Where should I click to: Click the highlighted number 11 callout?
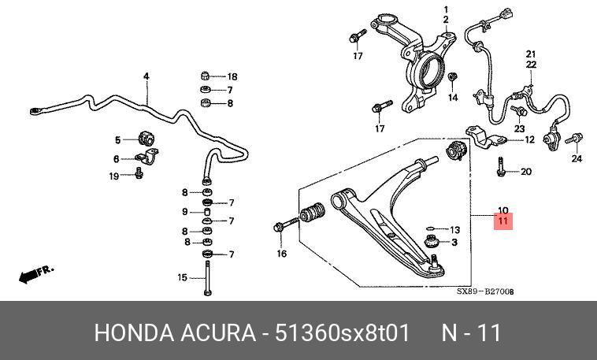[x=503, y=221]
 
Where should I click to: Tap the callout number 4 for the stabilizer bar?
[x=146, y=76]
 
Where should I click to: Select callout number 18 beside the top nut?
[x=232, y=76]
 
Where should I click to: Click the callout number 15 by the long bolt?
[x=181, y=277]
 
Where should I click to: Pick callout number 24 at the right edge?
[x=576, y=158]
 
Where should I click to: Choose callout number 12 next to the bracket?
[x=529, y=139]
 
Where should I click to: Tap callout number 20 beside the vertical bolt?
[x=526, y=172]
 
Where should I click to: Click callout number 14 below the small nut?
[x=452, y=98]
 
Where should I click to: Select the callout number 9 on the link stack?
[x=186, y=212]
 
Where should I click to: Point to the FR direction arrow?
[x=35, y=274]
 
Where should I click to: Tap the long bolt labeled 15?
[x=207, y=277]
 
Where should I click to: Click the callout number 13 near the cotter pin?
[x=454, y=229]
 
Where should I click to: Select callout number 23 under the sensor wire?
[x=520, y=128]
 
